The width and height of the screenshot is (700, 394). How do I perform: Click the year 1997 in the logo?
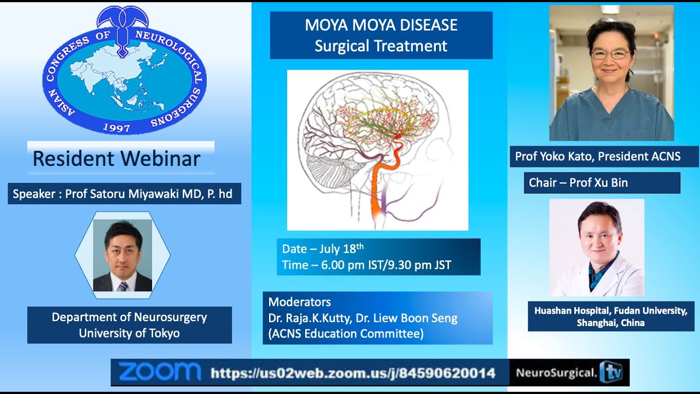116,128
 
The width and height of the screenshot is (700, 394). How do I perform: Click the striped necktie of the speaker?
123,286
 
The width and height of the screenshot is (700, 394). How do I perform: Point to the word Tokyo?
165,333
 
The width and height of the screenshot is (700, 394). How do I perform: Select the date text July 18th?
342,249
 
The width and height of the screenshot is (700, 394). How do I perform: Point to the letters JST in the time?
442,265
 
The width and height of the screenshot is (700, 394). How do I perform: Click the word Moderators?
299,302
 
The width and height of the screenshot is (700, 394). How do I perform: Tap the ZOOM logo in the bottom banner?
159,372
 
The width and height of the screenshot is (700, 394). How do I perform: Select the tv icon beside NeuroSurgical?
611,372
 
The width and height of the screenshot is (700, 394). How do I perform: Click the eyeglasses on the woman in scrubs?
610,54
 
